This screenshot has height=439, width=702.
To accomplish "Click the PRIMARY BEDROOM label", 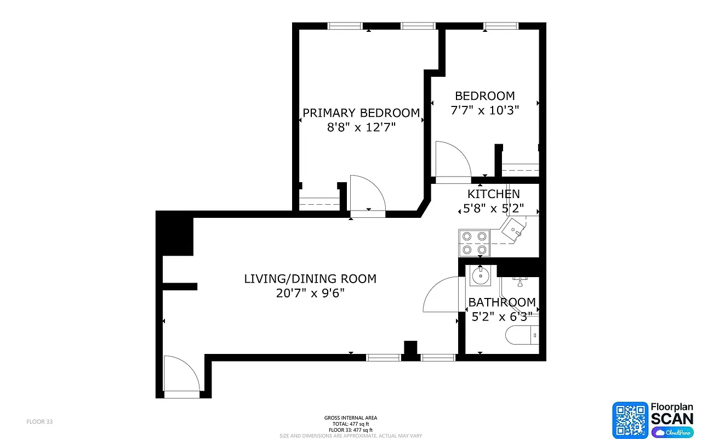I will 361,113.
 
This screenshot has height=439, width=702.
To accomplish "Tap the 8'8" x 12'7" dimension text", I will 361,127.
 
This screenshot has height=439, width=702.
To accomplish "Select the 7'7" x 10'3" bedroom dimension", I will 484,110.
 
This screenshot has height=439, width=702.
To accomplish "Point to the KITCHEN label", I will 493,194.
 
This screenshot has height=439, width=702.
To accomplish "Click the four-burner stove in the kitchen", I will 474,243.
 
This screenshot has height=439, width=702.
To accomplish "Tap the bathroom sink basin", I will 481,275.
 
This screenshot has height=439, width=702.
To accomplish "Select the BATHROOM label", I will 502,302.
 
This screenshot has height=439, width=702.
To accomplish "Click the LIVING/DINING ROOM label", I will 310,279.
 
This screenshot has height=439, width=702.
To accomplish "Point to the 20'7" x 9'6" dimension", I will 310,293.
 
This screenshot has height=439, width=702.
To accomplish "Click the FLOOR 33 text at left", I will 39,422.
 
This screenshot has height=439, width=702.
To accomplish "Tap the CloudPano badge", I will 672,432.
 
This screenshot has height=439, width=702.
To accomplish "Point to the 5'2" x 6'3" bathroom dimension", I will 502,316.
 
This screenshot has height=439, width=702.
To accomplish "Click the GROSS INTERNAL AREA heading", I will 351,418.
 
